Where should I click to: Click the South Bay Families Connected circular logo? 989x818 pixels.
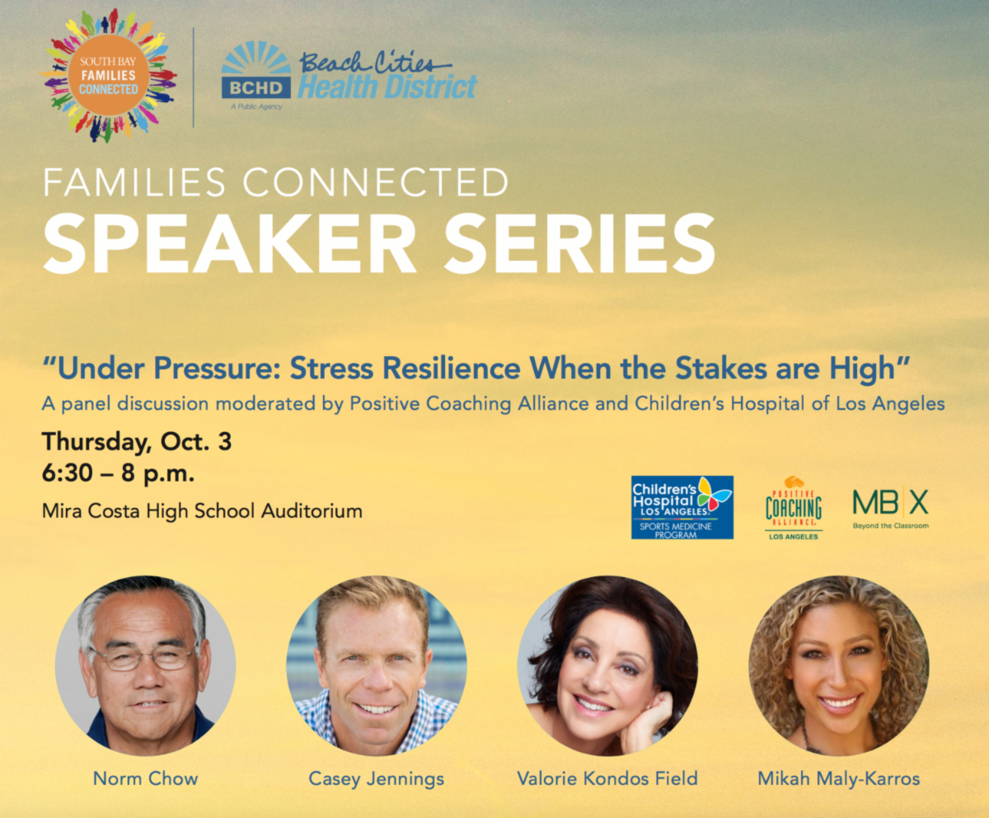[109, 76]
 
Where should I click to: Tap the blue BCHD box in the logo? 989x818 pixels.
[256, 87]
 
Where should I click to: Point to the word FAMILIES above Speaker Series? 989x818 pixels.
[134, 182]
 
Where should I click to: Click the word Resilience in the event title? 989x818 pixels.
[452, 369]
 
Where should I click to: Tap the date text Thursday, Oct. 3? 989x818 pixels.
[137, 442]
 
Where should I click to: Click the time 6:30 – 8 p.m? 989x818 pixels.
[118, 473]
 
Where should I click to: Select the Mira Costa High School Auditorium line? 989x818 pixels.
[202, 511]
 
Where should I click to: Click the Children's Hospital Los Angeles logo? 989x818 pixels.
[682, 507]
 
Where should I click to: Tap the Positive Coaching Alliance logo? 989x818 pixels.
[794, 508]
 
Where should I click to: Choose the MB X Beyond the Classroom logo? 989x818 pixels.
[890, 507]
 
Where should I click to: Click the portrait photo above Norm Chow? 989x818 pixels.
[145, 666]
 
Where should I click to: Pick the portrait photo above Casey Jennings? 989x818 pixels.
[377, 666]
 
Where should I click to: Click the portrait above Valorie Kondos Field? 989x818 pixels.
[607, 666]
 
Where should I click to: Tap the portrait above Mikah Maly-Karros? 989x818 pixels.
[838, 666]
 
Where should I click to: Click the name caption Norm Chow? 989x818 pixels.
[145, 778]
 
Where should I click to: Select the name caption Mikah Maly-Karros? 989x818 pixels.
[839, 779]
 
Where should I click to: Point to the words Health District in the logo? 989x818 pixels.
[387, 87]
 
